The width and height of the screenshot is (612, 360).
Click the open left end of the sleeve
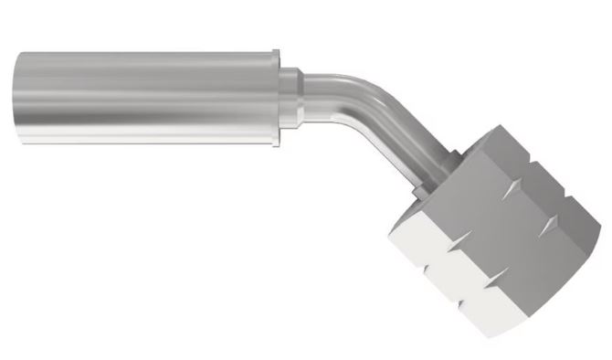tap(16, 99)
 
